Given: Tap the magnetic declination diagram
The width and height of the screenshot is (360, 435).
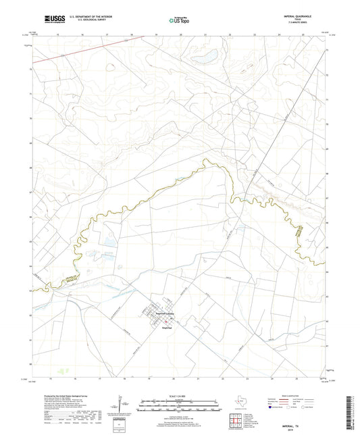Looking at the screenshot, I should point(120,401).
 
